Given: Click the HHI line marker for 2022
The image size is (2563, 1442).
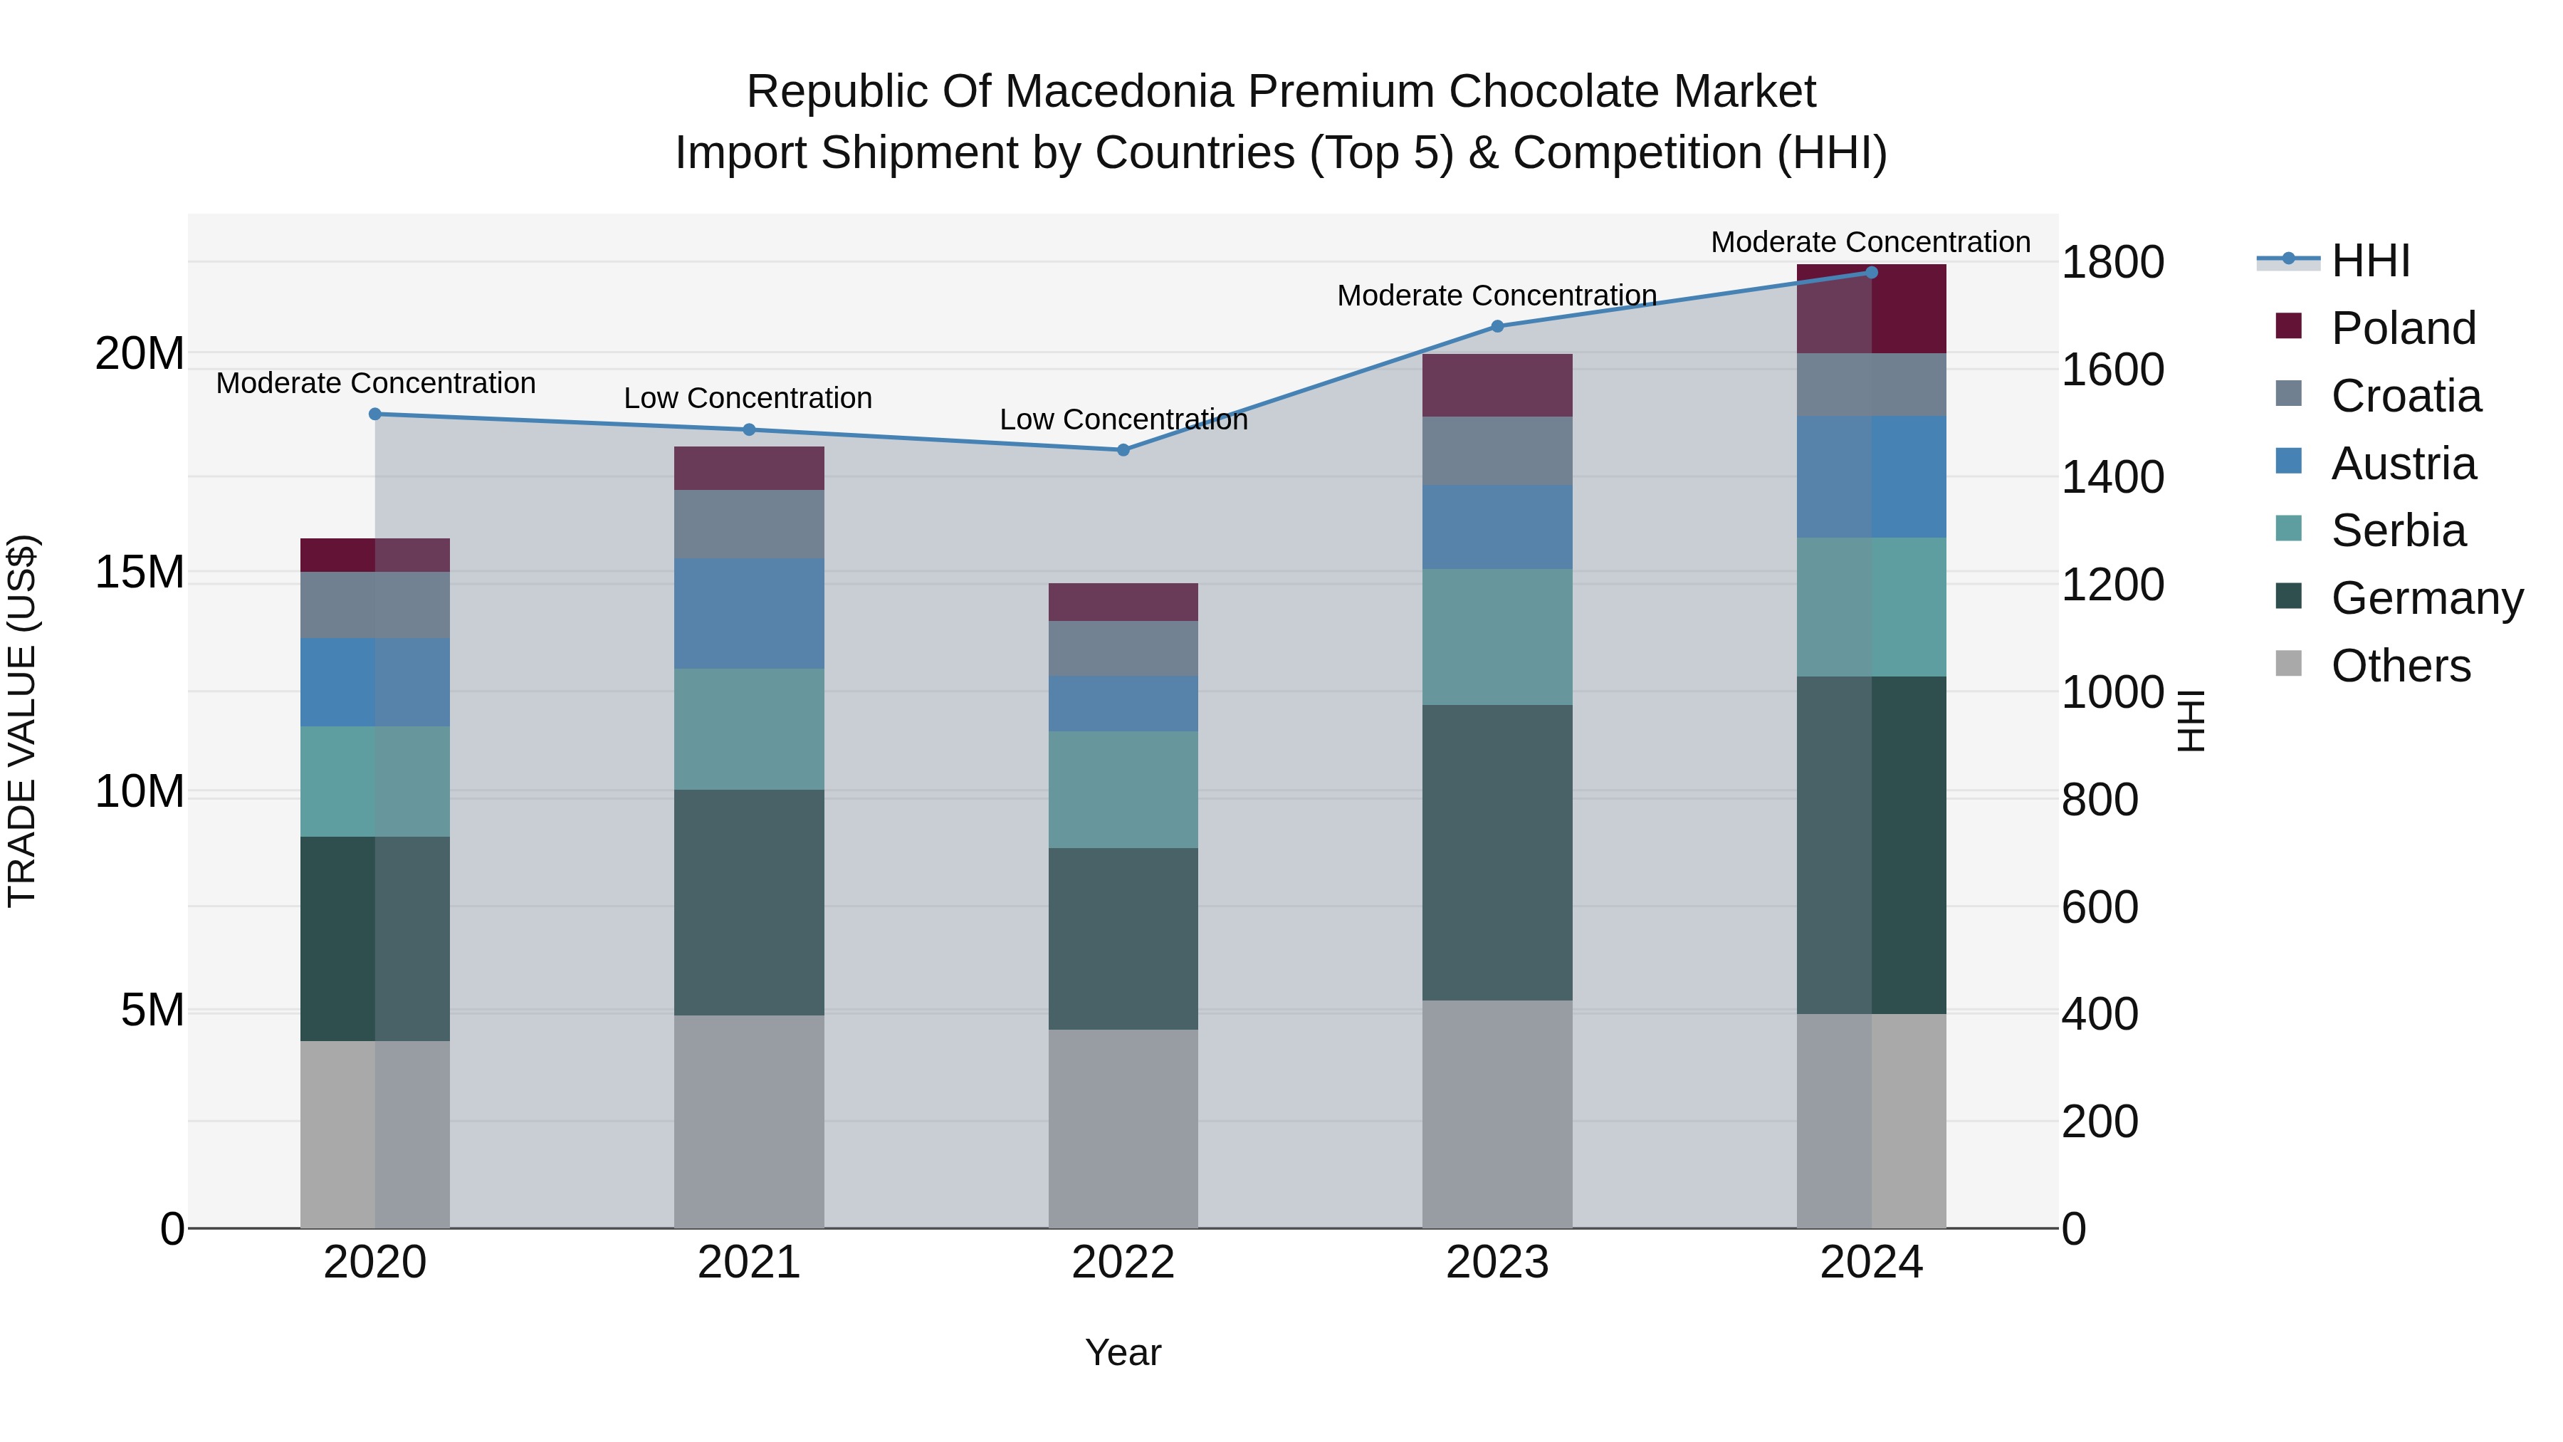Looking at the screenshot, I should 1123,450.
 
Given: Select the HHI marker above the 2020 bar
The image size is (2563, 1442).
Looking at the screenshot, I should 375,414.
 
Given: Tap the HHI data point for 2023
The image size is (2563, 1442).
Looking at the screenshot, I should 1497,326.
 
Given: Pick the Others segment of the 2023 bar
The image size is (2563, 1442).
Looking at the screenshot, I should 1497,1114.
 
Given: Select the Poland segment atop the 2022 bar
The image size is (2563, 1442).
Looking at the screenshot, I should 1123,602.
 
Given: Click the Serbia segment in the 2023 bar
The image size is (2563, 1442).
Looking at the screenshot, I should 1497,637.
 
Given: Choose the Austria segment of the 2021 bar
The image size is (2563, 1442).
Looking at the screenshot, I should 749,613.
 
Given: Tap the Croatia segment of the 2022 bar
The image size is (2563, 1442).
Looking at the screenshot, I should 1123,649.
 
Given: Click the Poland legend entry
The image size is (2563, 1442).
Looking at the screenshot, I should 2403,328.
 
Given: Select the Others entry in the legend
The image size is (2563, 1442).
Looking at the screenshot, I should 2400,666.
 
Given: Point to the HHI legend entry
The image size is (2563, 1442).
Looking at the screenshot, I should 2370,261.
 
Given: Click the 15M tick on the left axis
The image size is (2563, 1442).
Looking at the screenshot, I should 140,573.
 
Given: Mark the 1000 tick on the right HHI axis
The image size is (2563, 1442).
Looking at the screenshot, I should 2112,693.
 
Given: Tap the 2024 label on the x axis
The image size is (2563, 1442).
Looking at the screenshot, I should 1870,1263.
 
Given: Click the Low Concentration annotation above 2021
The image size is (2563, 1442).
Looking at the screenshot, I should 748,398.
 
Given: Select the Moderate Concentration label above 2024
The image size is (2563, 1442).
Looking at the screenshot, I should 1870,242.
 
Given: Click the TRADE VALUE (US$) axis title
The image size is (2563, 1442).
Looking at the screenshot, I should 22,721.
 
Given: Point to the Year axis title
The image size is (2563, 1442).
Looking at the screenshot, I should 1123,1352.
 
